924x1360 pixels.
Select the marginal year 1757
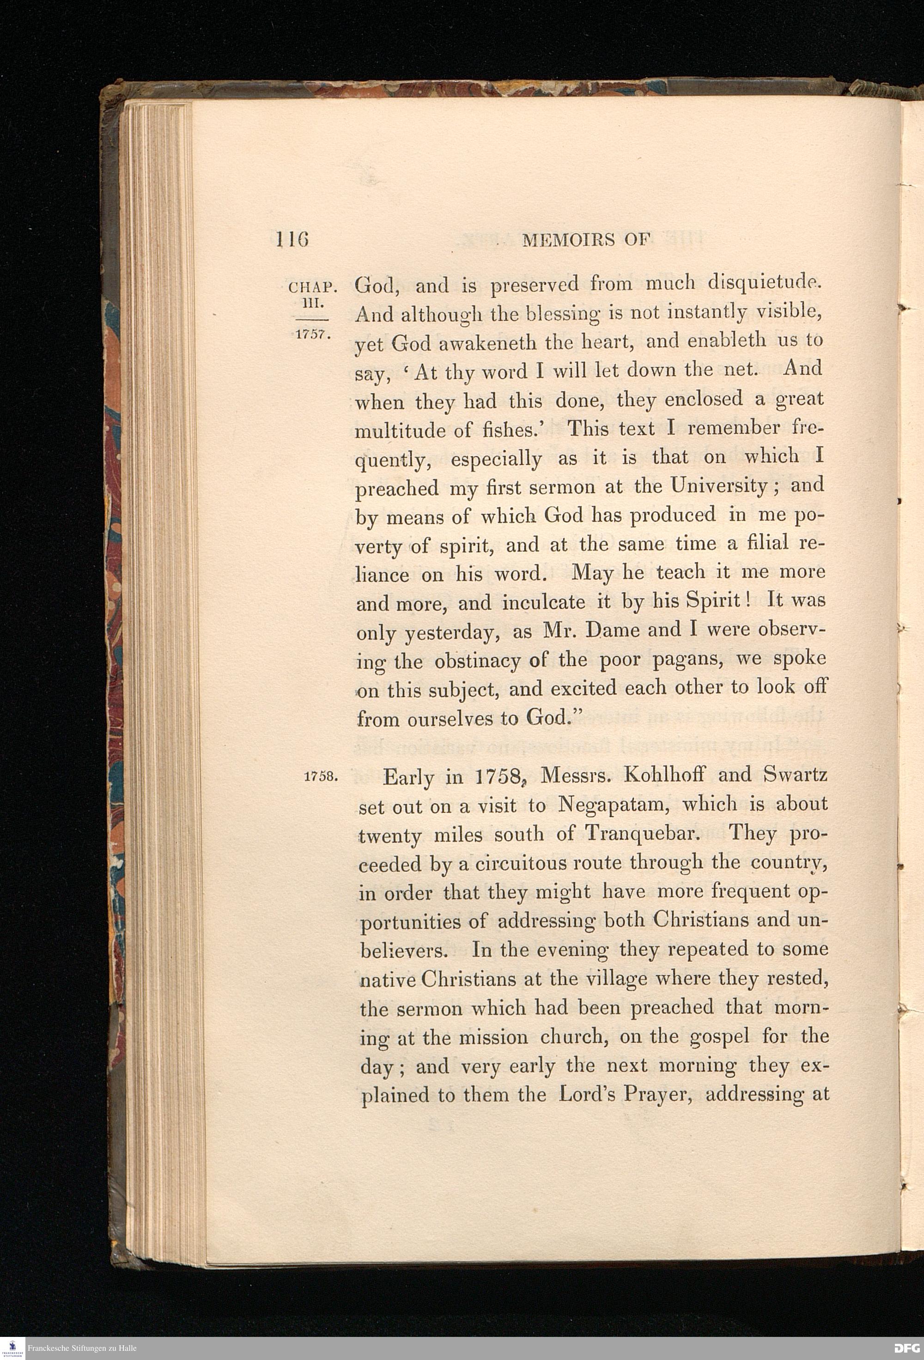point(313,335)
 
